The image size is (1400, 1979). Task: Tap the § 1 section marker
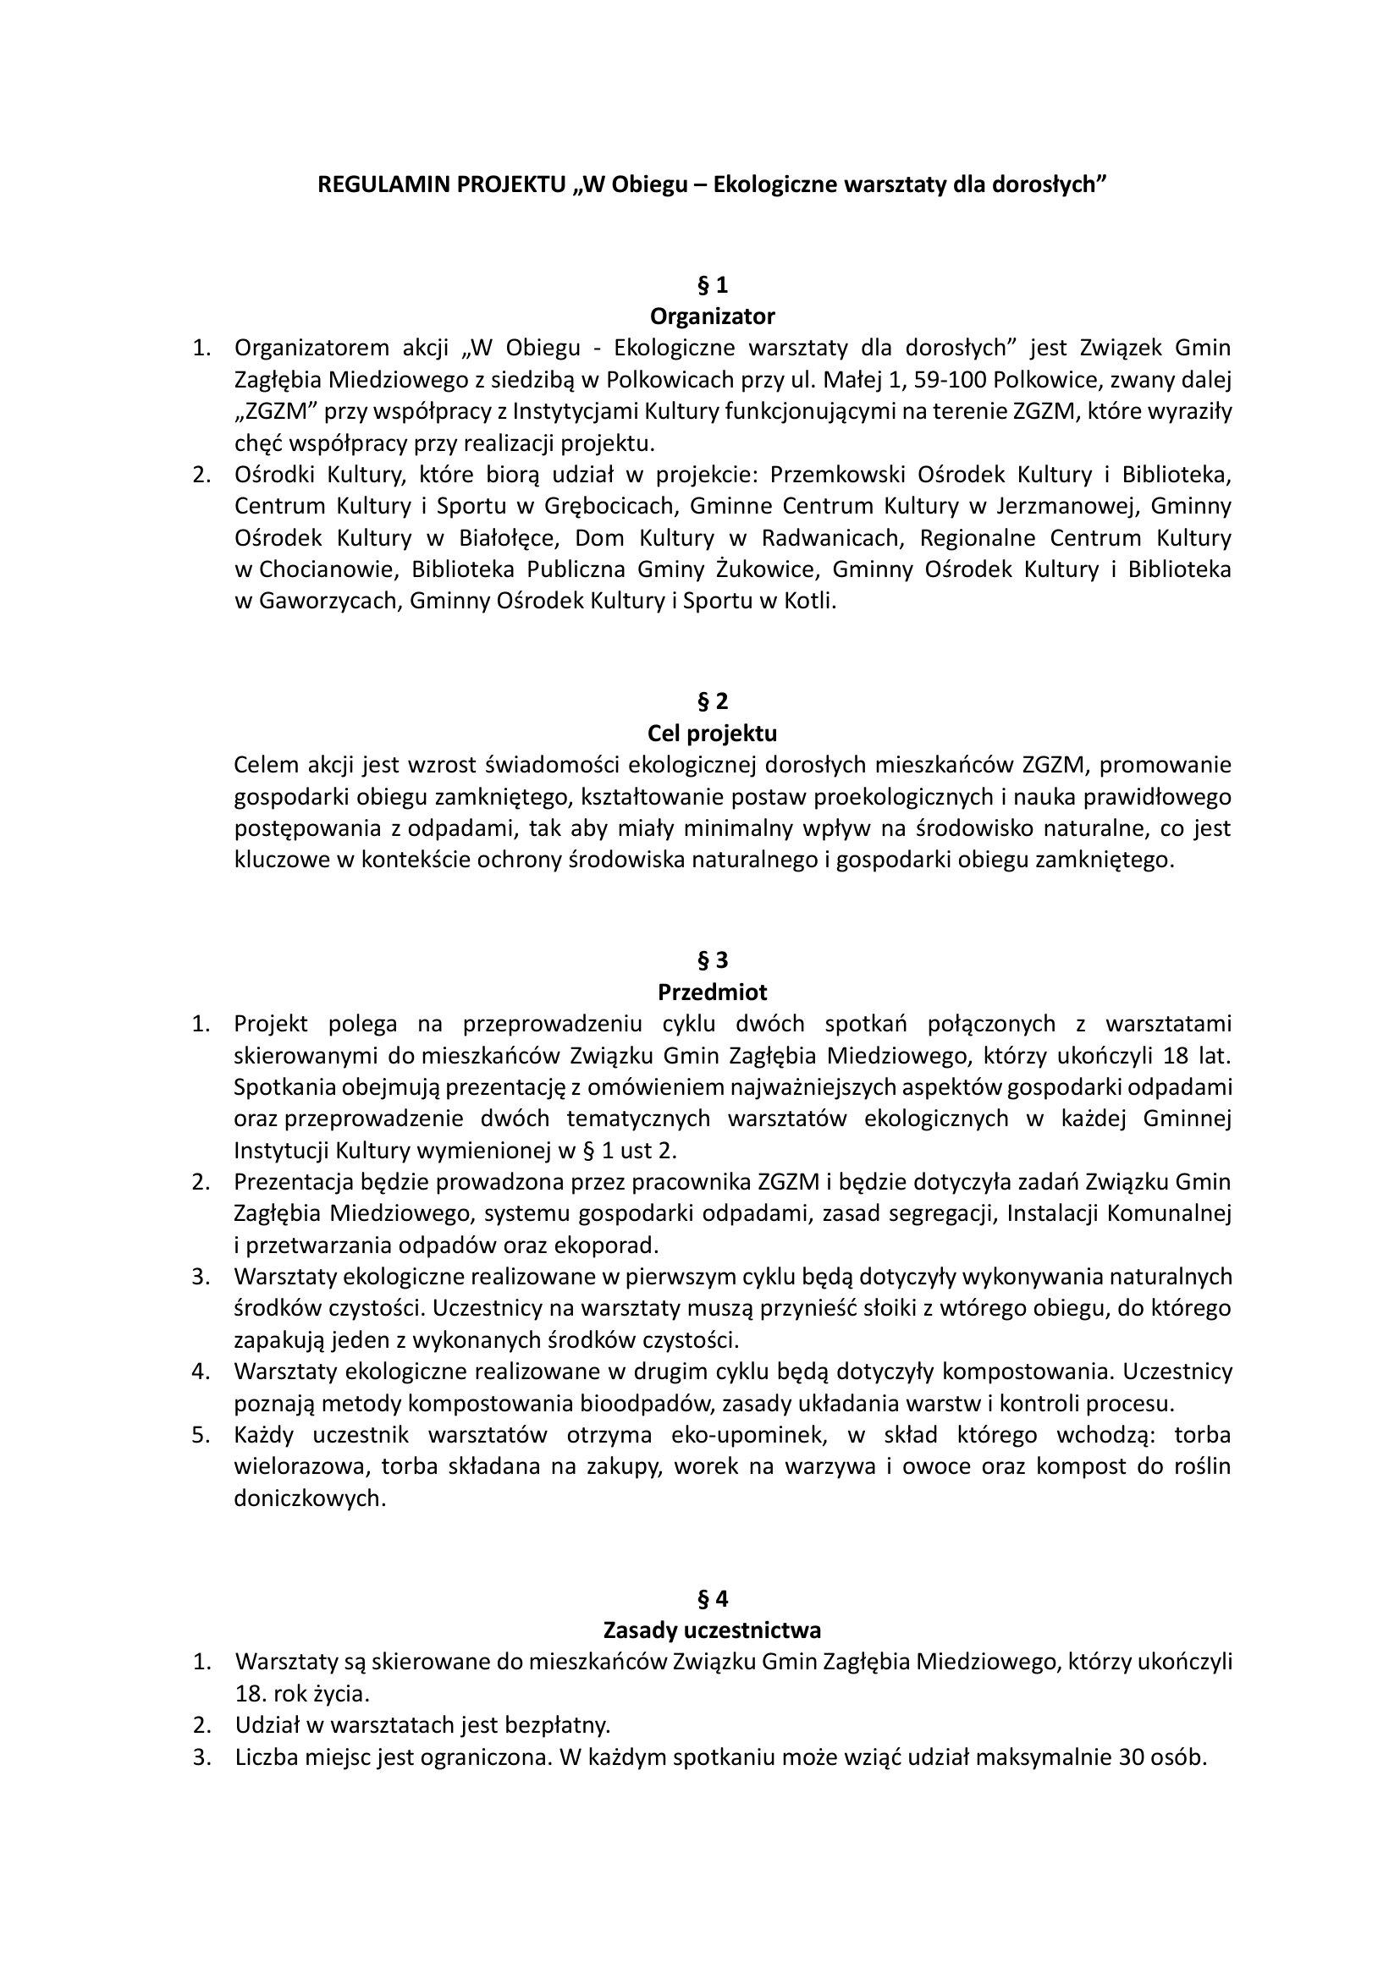711,284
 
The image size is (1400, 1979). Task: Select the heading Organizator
711,316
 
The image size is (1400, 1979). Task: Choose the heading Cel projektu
711,734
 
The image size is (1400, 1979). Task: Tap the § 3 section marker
711,959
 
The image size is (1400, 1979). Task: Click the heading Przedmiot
711,992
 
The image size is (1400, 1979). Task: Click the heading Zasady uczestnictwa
711,1630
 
